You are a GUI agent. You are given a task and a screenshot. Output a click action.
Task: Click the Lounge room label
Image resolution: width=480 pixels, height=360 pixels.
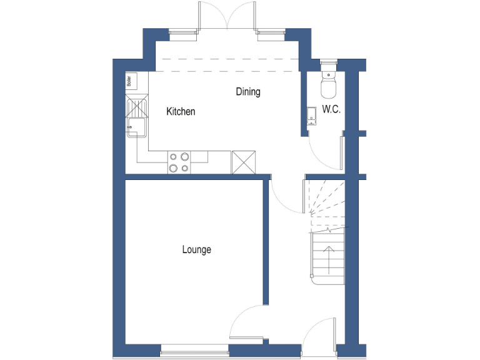196,249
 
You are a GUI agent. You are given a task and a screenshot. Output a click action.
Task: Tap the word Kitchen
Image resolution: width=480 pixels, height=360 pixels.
181,112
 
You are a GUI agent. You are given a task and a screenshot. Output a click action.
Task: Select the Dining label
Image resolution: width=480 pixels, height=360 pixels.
248,92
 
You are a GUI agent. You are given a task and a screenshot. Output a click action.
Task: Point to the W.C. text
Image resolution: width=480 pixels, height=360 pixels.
331,109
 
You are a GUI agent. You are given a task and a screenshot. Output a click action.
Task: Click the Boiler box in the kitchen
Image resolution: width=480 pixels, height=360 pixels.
130,81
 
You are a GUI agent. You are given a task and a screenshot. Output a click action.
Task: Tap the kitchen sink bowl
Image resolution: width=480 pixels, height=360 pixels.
136,128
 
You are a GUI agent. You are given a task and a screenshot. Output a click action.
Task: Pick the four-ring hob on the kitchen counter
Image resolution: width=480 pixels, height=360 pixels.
179,162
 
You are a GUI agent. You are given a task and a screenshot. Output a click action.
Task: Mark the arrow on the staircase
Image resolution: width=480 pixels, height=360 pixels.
327,256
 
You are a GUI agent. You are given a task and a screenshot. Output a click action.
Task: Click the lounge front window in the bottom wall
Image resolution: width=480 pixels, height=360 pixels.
194,353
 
